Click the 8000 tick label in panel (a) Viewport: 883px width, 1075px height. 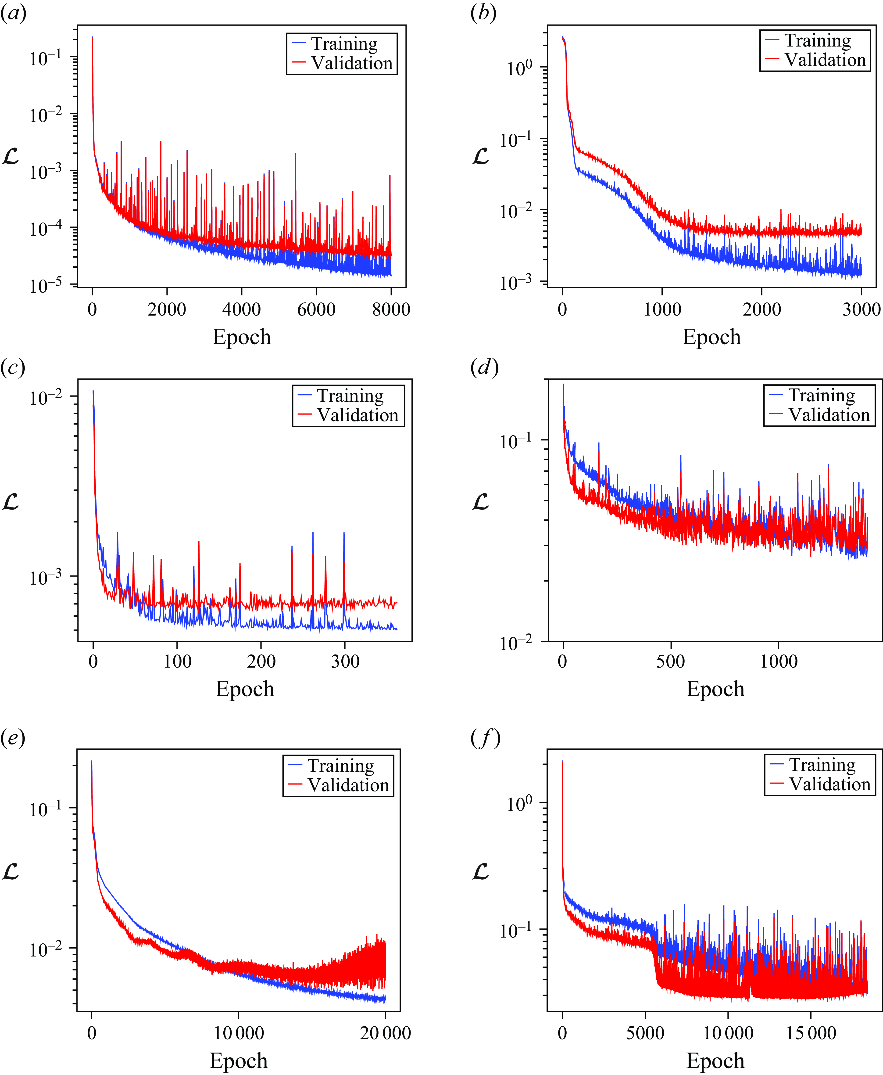391,309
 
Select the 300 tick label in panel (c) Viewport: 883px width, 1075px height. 345,661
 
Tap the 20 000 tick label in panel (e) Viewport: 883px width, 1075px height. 385,1033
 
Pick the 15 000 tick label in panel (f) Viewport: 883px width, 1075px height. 811,1033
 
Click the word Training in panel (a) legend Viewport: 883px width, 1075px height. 344,44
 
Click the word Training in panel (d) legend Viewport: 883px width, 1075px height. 822,395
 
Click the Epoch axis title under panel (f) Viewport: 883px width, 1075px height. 715,1061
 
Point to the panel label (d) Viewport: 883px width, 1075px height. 484,367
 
